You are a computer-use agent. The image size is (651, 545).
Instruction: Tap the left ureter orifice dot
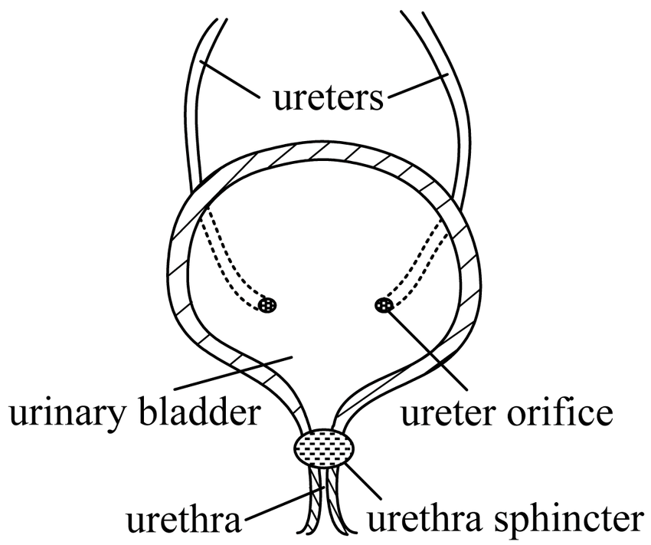[x=267, y=305]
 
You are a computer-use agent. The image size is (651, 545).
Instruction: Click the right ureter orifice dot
[x=384, y=306]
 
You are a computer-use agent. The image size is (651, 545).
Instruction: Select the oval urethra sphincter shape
[x=325, y=448]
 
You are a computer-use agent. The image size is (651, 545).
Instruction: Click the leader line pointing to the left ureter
[x=230, y=80]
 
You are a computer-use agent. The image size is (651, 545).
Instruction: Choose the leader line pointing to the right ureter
[x=417, y=87]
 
